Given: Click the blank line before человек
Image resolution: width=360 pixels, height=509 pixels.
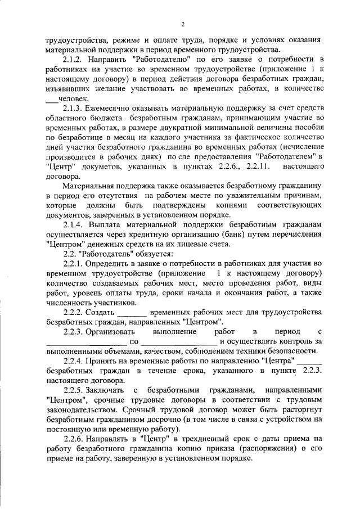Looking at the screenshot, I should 52,99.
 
